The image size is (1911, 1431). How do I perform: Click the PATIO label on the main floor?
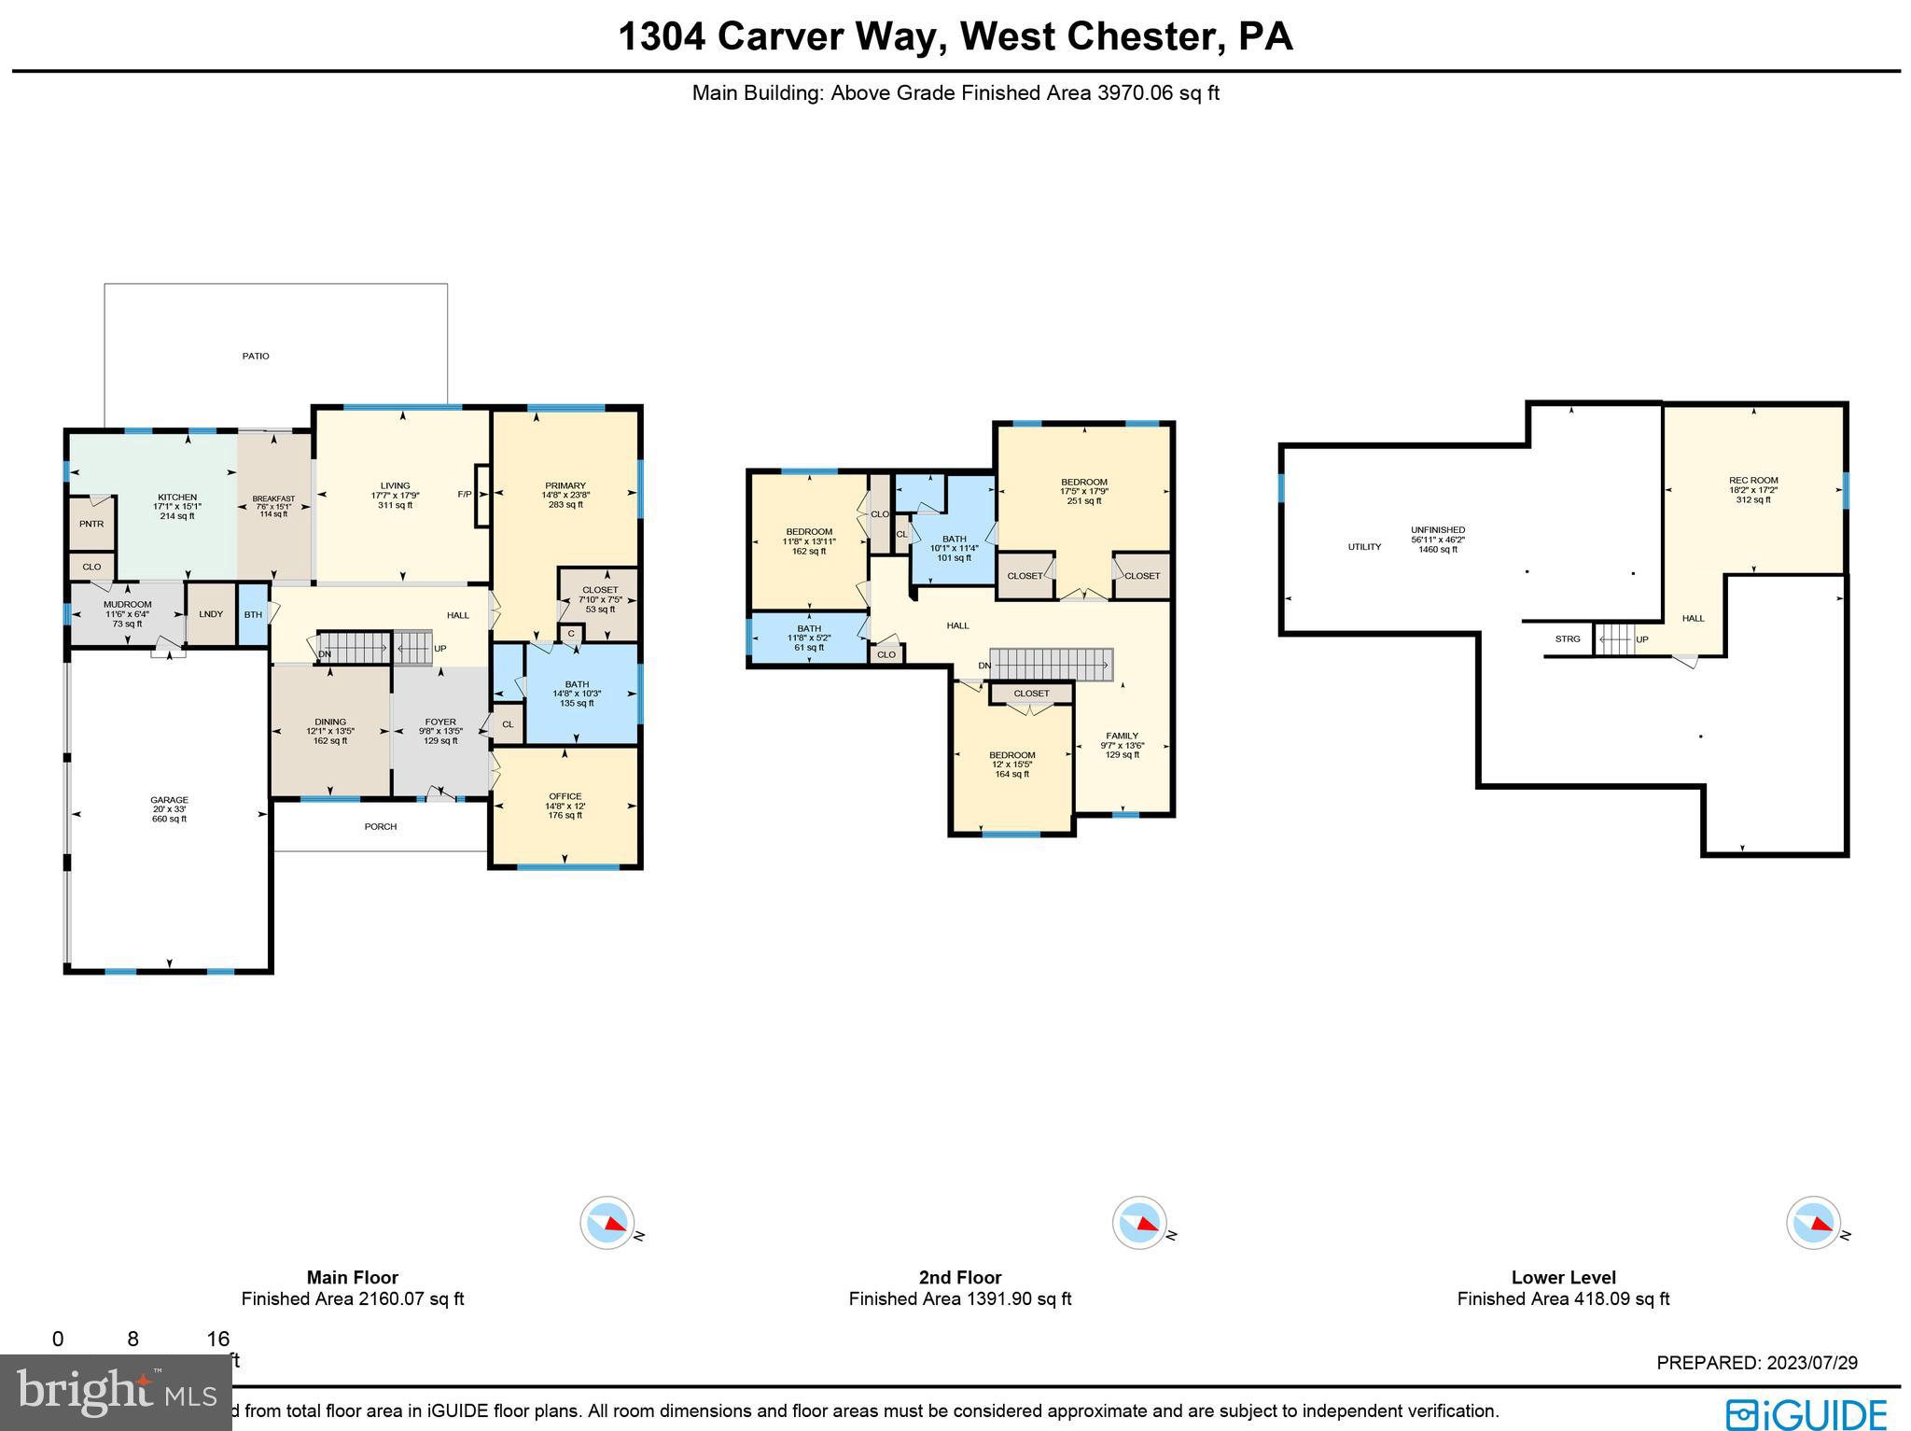coord(256,356)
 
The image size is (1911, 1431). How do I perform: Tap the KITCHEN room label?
coord(177,498)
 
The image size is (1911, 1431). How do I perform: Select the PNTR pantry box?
coord(91,524)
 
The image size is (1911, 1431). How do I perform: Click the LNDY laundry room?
coord(211,613)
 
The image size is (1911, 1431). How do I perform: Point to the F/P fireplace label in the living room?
coord(464,494)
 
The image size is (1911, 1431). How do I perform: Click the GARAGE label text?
coord(169,800)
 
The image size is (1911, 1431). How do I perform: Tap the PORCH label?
coord(381,826)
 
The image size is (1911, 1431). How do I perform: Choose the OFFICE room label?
coord(565,796)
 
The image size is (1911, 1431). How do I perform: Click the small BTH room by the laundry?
coord(253,614)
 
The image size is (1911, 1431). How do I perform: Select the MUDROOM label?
coord(127,605)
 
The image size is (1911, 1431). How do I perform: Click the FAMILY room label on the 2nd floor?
coord(1122,736)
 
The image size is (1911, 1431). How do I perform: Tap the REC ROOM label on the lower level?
coord(1752,481)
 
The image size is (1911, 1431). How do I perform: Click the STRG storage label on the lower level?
coord(1568,638)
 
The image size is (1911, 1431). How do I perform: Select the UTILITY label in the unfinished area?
coord(1364,547)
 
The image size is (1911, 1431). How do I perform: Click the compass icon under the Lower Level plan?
coord(1813,1222)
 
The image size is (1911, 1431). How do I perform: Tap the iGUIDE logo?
coord(1807,1412)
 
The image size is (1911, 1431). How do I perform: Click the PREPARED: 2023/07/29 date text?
coord(1756,1363)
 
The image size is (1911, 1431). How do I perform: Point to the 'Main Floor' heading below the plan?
coord(352,1277)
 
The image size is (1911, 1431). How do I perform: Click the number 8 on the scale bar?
coord(133,1339)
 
